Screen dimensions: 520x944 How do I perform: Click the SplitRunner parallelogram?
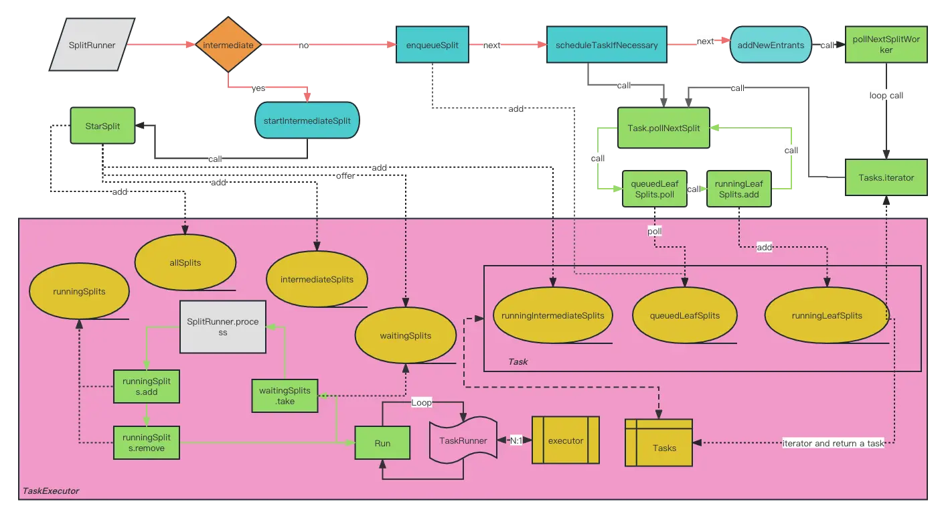point(92,46)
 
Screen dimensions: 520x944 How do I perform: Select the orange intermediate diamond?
point(228,46)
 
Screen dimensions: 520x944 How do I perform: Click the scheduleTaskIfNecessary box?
point(607,46)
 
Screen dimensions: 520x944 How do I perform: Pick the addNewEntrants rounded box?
point(771,46)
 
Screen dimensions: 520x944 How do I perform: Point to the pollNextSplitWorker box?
point(886,46)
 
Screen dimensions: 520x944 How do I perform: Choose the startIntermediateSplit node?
point(307,120)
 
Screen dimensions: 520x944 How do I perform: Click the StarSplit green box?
point(103,125)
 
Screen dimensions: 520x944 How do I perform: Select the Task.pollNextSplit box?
point(663,128)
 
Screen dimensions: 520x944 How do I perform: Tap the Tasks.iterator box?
point(886,177)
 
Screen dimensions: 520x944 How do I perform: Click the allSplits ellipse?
point(185,263)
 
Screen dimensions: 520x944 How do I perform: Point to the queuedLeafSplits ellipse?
point(685,316)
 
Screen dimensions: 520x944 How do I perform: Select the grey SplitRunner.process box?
point(222,327)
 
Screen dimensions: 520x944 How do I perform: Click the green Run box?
point(382,443)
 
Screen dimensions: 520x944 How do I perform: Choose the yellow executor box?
point(565,440)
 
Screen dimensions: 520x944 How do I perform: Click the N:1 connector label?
point(516,441)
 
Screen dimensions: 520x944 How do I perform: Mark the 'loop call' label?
point(886,96)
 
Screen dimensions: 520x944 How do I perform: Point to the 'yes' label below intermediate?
point(258,88)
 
